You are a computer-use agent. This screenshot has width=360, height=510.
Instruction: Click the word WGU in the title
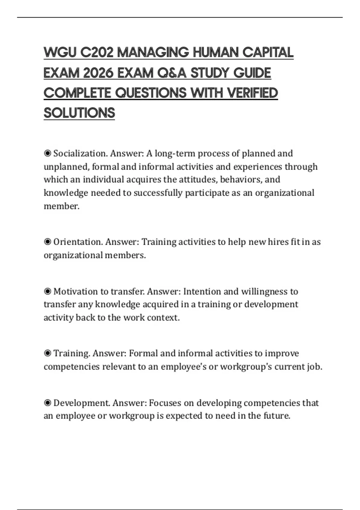[x=60, y=53]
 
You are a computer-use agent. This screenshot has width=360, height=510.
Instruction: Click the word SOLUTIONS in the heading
[x=79, y=113]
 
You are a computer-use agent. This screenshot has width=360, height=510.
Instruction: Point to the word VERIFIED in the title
[x=252, y=93]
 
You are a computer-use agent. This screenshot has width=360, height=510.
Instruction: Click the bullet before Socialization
[x=47, y=153]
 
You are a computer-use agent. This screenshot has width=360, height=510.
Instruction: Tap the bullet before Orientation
[x=47, y=241]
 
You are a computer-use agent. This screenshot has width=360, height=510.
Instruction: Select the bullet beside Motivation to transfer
[x=47, y=291]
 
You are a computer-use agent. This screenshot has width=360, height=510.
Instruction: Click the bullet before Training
[x=47, y=353]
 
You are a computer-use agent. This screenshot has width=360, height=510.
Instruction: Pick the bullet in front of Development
[x=47, y=403]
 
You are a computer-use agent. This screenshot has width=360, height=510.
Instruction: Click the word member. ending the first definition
[x=61, y=206]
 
